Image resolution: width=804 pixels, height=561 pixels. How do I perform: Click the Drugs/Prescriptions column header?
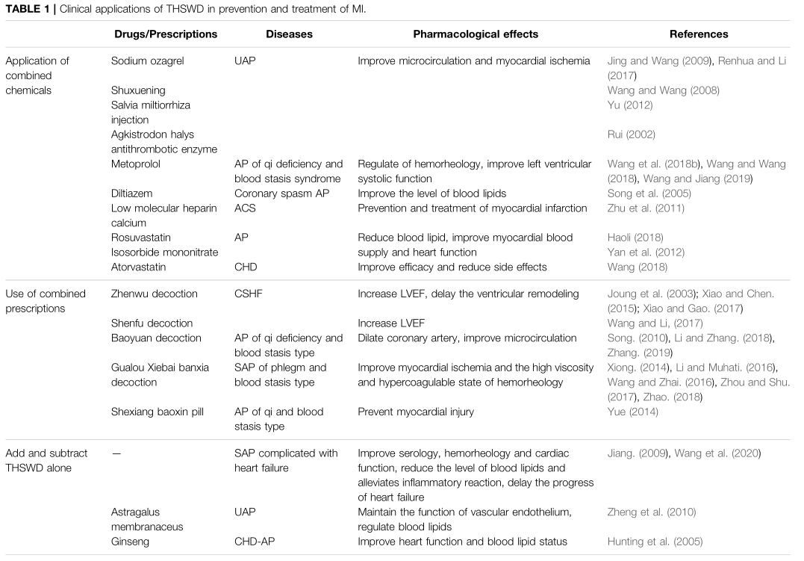166,34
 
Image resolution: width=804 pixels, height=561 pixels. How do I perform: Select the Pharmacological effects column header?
476,34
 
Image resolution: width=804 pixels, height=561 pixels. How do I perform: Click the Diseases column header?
289,34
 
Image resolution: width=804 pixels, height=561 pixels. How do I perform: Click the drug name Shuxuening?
138,90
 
